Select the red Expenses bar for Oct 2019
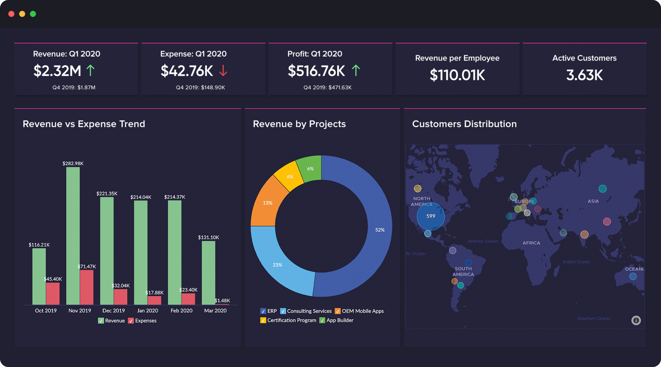(x=53, y=294)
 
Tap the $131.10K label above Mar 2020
(x=208, y=238)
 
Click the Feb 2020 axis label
(x=181, y=311)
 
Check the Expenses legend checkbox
(x=131, y=321)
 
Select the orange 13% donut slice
(x=267, y=203)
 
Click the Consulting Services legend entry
(x=309, y=311)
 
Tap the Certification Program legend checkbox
(x=263, y=320)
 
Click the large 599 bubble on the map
(x=431, y=216)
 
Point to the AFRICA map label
(x=531, y=243)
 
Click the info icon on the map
(x=636, y=320)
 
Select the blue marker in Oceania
(x=633, y=276)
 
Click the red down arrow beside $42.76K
(x=223, y=71)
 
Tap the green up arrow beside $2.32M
(x=90, y=71)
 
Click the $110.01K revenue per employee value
(x=457, y=75)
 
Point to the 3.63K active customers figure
(x=584, y=75)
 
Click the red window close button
(x=11, y=14)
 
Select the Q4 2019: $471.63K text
(x=327, y=87)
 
